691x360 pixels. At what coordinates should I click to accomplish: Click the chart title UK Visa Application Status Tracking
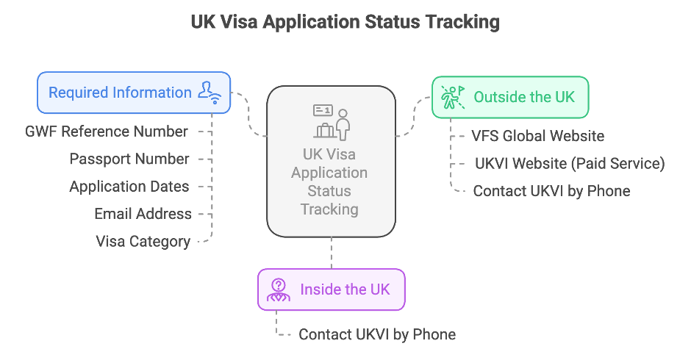pyautogui.click(x=345, y=22)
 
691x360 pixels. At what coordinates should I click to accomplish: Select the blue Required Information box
pyautogui.click(x=134, y=93)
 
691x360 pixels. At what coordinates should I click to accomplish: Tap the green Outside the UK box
pyautogui.click(x=509, y=97)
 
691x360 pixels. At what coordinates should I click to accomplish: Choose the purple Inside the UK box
pyautogui.click(x=331, y=289)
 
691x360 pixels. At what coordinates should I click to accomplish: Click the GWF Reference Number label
pyautogui.click(x=107, y=132)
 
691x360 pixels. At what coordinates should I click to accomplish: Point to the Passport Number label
pyautogui.click(x=129, y=159)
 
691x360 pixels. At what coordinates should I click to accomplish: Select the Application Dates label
pyautogui.click(x=129, y=187)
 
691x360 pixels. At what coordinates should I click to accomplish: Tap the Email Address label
pyautogui.click(x=143, y=214)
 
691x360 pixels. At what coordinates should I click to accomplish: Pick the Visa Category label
pyautogui.click(x=143, y=241)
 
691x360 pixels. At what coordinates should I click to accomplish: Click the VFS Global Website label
pyautogui.click(x=537, y=136)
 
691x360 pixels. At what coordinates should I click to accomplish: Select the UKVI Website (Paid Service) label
pyautogui.click(x=570, y=163)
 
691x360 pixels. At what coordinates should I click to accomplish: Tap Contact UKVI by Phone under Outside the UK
pyautogui.click(x=551, y=191)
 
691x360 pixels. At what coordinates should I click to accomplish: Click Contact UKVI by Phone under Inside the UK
pyautogui.click(x=376, y=334)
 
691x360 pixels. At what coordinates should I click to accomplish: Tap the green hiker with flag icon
pyautogui.click(x=453, y=97)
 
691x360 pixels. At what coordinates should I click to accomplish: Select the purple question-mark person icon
pyautogui.click(x=279, y=289)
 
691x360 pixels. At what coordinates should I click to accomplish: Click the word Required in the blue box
pyautogui.click(x=79, y=93)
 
